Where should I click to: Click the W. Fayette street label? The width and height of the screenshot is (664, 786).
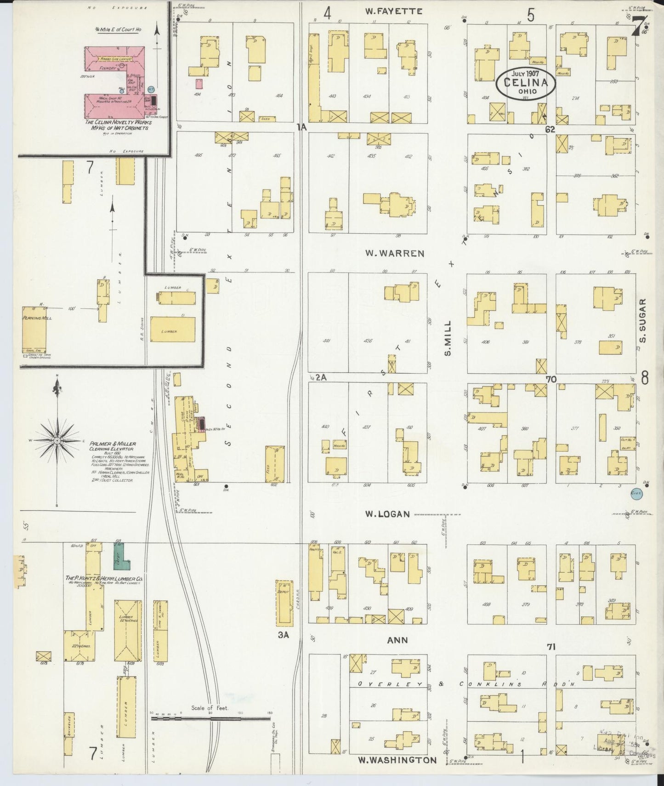[x=393, y=11]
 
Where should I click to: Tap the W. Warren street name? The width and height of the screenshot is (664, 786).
[x=394, y=253]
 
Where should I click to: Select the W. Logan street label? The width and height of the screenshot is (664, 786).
[x=387, y=514]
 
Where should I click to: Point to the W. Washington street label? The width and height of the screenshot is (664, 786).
[x=397, y=760]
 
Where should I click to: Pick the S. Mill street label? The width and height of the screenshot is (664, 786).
[x=448, y=338]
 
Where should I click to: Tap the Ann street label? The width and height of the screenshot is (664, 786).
[x=397, y=639]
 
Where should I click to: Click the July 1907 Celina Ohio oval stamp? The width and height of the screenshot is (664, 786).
[x=525, y=83]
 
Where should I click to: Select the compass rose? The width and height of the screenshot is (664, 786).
[x=57, y=441]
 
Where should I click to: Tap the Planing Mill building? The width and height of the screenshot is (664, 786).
[x=34, y=330]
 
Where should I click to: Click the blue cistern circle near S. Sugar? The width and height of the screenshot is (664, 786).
[x=636, y=493]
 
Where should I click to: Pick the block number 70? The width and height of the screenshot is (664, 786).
[x=551, y=379]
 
